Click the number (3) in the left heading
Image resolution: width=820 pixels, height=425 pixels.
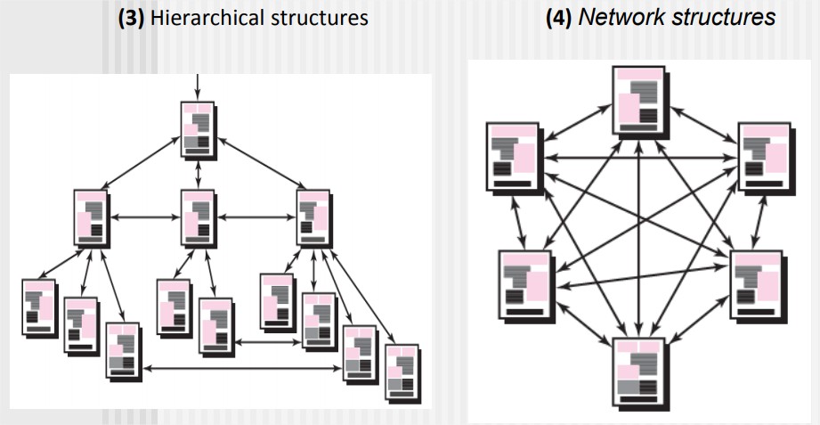[x=133, y=18]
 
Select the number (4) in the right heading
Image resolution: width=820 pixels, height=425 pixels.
[x=562, y=17]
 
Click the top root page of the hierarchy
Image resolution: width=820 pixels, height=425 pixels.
[x=198, y=128]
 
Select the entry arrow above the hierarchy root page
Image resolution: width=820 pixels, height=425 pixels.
[x=197, y=86]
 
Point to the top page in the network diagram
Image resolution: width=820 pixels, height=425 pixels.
[x=638, y=100]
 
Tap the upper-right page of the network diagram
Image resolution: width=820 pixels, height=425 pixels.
[x=763, y=158]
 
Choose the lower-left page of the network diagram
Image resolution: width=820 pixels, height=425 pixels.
[x=525, y=284]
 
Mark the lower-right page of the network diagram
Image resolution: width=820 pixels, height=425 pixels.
[x=756, y=284]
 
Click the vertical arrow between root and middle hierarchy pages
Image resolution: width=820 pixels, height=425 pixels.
[x=198, y=173]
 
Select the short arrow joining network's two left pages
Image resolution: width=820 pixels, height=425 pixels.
[x=517, y=220]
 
